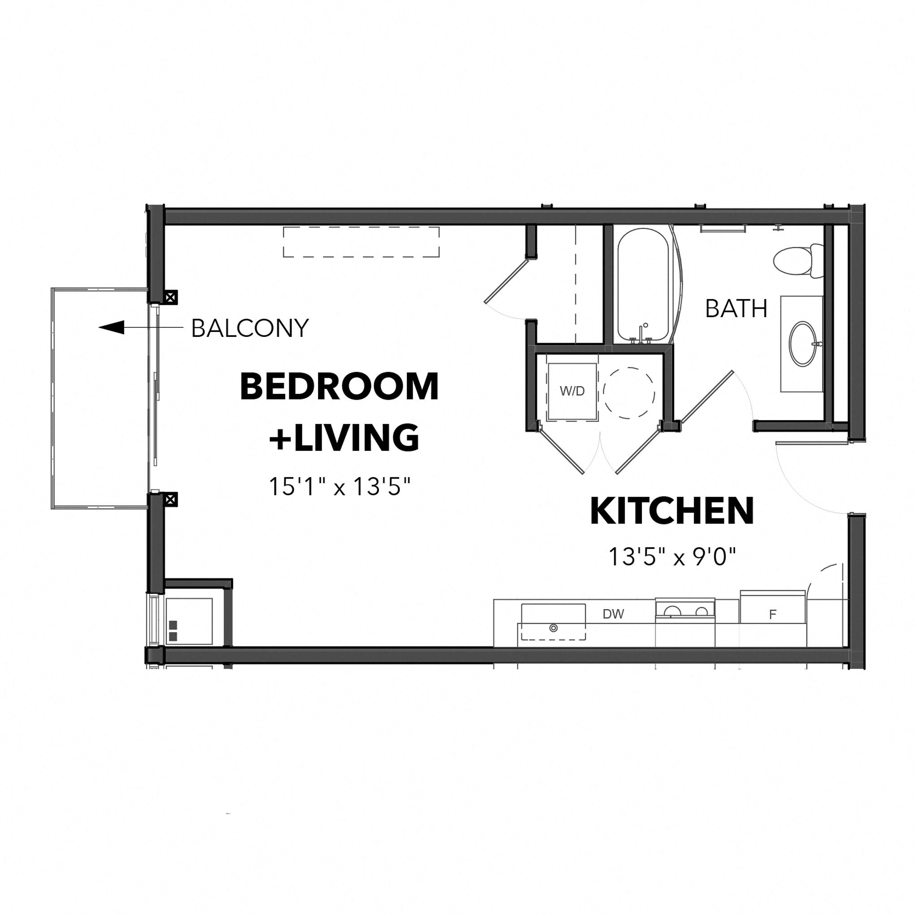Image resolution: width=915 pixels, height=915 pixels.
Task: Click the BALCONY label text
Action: click(249, 328)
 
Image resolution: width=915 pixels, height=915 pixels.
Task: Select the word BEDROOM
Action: click(339, 387)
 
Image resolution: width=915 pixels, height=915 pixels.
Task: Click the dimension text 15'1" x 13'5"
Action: click(339, 486)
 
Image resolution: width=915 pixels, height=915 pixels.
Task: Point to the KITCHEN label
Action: click(671, 511)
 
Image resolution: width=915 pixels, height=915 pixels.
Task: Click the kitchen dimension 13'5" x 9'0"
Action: click(672, 557)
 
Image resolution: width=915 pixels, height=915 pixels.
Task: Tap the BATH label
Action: click(736, 309)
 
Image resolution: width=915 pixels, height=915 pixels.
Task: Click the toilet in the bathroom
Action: click(796, 261)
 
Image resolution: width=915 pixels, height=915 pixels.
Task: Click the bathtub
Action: click(643, 285)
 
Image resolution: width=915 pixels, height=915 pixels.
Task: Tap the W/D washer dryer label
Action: click(572, 391)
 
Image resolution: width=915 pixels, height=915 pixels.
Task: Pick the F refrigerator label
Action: click(772, 615)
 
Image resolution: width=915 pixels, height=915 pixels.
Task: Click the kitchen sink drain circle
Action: click(553, 628)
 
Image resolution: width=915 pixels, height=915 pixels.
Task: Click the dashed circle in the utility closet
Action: click(629, 392)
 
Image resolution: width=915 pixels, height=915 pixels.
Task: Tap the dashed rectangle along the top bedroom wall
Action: click(361, 242)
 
